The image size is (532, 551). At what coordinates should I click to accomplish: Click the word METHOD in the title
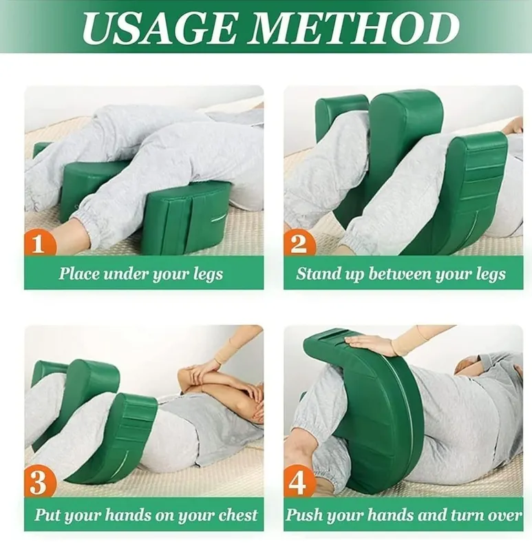coord(354,28)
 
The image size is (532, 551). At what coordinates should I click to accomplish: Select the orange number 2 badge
coord(299,243)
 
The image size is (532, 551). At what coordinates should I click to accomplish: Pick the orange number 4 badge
coord(298,484)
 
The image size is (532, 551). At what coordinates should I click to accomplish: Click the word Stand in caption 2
coord(318,273)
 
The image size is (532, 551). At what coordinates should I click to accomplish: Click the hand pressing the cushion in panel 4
coord(369,342)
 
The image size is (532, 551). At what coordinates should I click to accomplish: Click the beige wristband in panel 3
coord(222,355)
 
